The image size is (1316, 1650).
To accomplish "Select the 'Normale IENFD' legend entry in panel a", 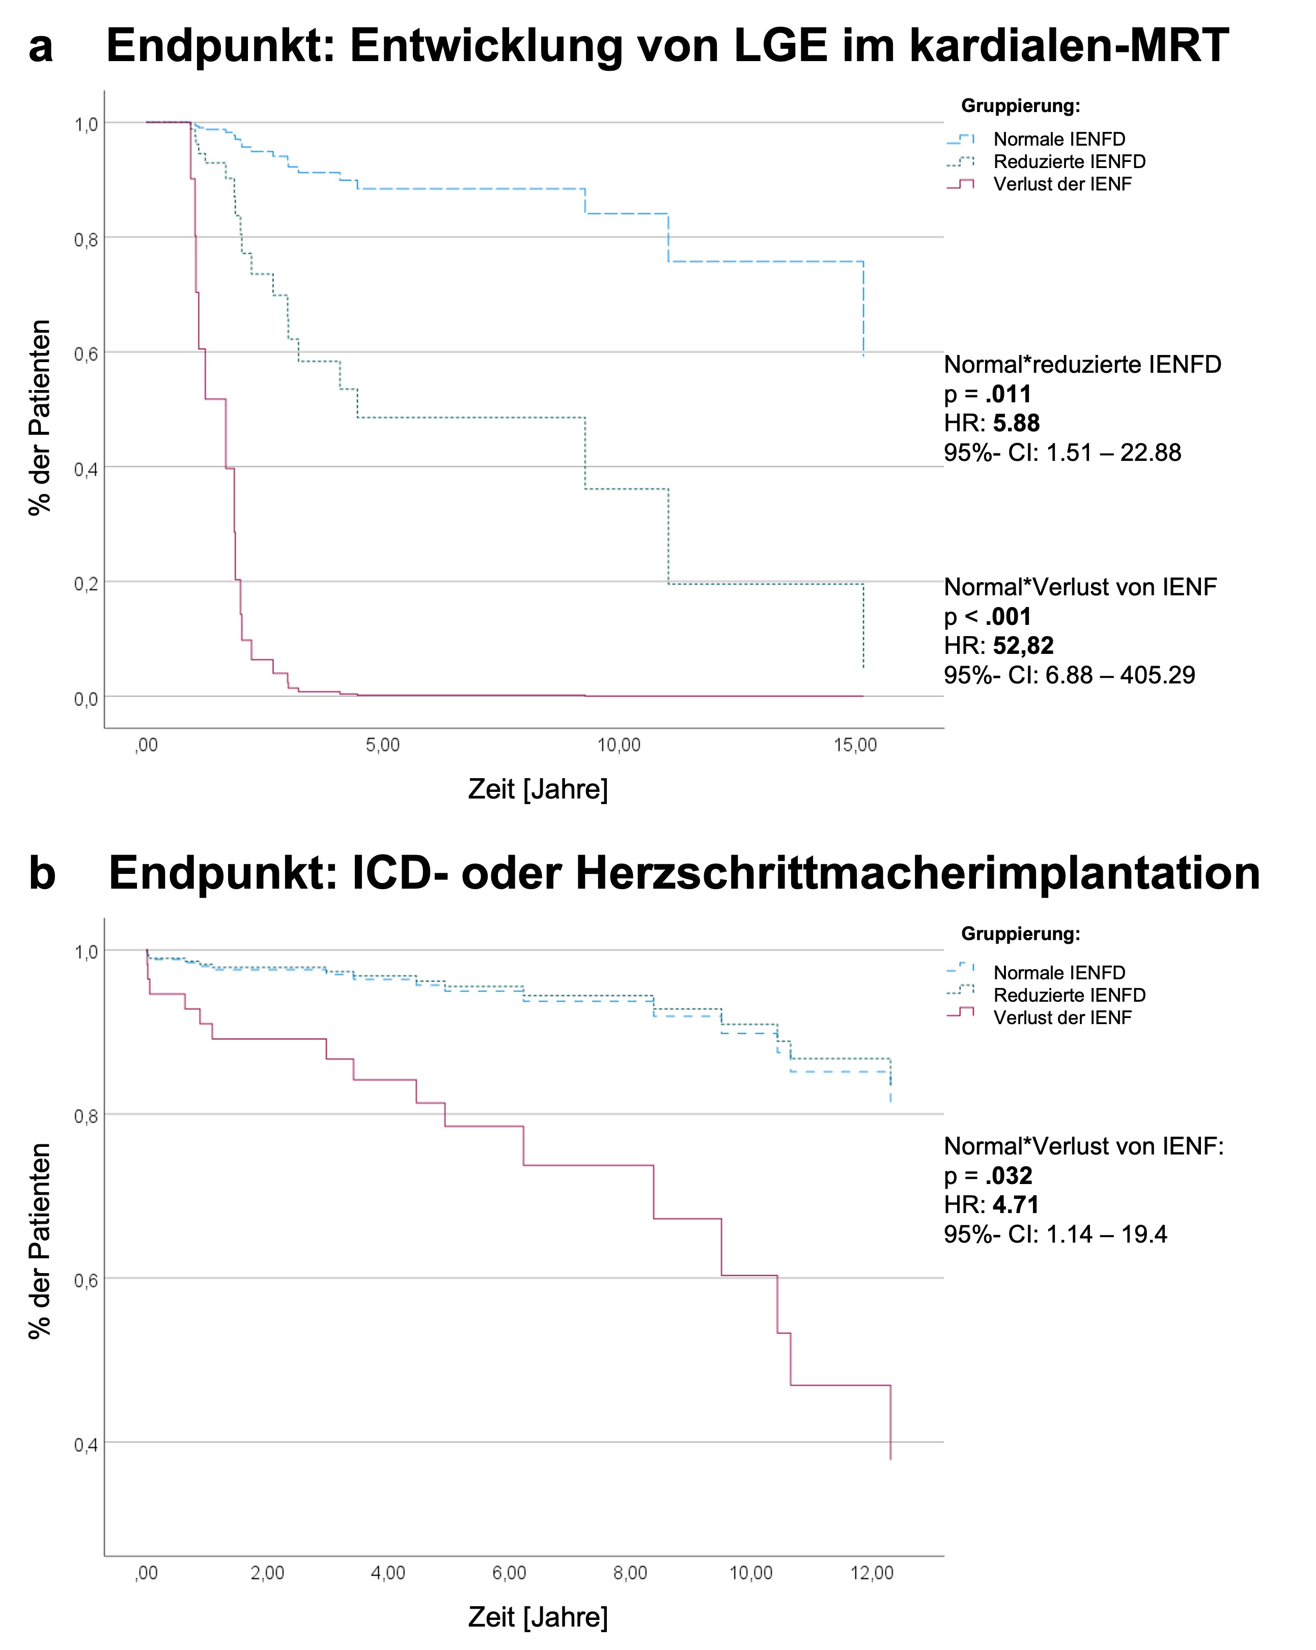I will click(x=1058, y=140).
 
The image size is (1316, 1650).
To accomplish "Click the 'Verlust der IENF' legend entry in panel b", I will click(x=1061, y=1017).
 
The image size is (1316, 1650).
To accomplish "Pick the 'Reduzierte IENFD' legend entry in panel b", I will click(x=1069, y=995).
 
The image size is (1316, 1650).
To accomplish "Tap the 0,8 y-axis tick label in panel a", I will click(x=86, y=239).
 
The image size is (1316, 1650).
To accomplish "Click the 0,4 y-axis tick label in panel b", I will click(x=86, y=1445).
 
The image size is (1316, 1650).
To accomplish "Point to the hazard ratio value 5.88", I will click(x=1016, y=423).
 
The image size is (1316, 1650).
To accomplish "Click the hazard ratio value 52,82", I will click(x=1023, y=645).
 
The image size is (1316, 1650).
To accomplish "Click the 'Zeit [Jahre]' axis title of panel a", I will click(x=538, y=789).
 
